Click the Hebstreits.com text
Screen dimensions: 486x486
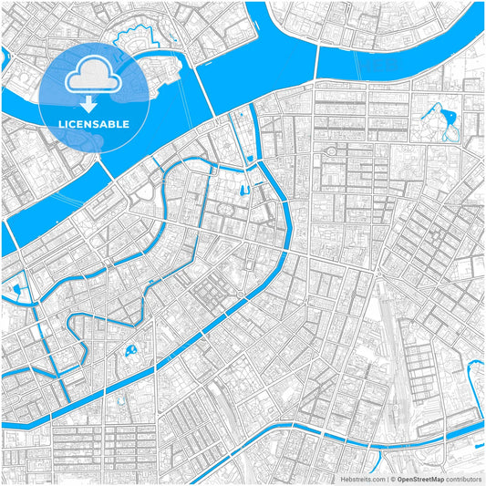(x=363, y=479)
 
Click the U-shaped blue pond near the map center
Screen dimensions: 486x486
(x=243, y=191)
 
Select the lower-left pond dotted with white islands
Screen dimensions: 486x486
(x=133, y=350)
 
